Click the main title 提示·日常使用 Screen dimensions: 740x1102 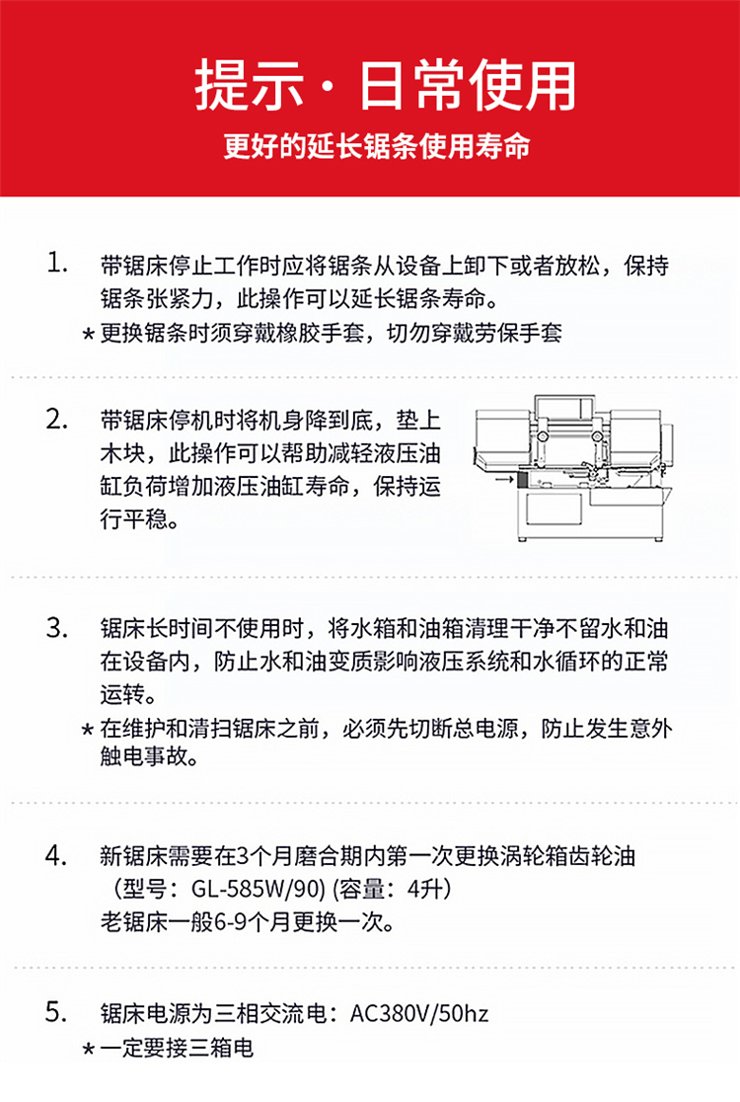[386, 86]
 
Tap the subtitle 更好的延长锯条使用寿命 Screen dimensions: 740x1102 [377, 146]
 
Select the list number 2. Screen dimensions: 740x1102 [57, 419]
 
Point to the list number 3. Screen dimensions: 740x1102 [57, 627]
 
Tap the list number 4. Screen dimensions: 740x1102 [57, 855]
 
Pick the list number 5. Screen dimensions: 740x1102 [57, 1012]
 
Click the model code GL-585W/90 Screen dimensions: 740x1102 [258, 889]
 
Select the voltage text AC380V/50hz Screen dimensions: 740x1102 [419, 1013]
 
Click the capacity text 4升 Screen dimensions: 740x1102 [425, 889]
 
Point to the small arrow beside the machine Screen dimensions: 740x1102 [504, 479]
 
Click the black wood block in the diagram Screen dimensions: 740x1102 [522, 479]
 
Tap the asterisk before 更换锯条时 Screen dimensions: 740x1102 [88, 333]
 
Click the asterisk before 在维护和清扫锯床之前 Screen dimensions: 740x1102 [88, 729]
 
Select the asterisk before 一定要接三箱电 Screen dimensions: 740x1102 [88, 1050]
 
